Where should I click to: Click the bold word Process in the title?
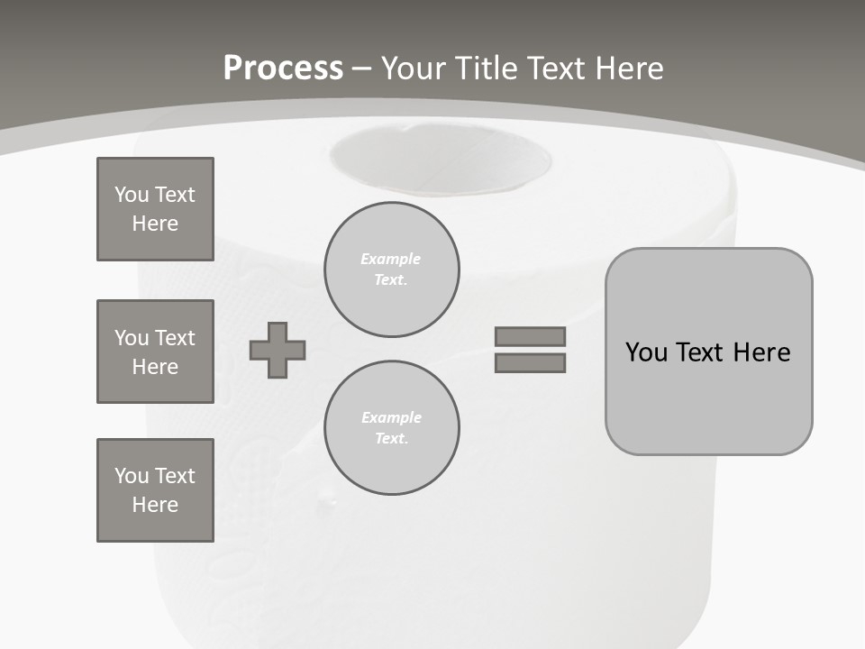click(x=283, y=69)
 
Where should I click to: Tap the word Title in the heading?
click(x=490, y=69)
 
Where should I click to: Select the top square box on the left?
click(x=155, y=209)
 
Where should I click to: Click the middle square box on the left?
click(x=155, y=352)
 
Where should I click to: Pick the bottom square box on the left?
click(x=155, y=490)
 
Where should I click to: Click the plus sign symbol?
click(x=278, y=350)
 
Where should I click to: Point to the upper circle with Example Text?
click(x=391, y=269)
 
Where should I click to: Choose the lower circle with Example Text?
click(x=391, y=427)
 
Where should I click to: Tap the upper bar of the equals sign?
click(x=530, y=336)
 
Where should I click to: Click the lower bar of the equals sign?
click(x=530, y=362)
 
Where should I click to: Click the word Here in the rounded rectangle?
click(x=761, y=352)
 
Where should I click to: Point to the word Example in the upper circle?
click(x=390, y=259)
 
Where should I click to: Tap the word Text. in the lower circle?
click(x=391, y=438)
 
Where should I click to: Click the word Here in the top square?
click(x=155, y=224)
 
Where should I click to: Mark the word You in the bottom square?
click(x=132, y=475)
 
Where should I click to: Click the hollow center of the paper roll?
click(x=440, y=160)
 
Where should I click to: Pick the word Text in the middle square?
click(x=175, y=338)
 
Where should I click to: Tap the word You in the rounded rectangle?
click(x=647, y=352)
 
